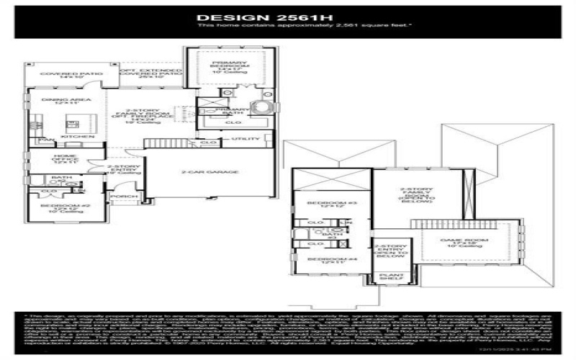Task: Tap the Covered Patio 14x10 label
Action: [60, 76]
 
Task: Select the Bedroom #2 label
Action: [60, 207]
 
